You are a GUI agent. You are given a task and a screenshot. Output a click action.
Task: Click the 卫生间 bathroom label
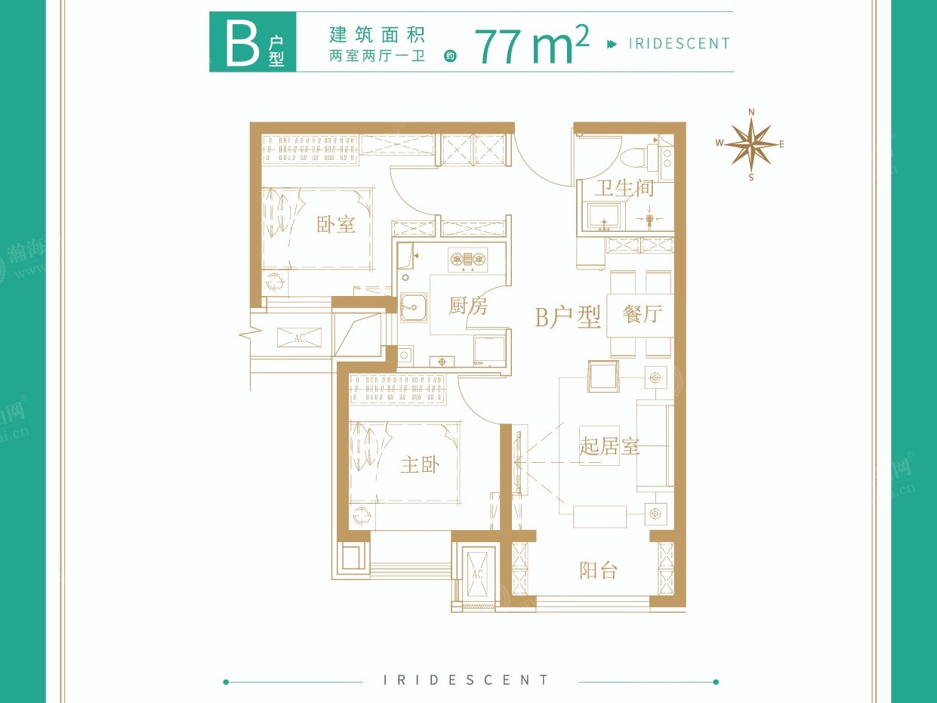coord(624,188)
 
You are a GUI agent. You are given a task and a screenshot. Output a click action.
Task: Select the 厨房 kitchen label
coord(468,306)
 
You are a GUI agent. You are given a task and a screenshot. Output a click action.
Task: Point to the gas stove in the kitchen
coord(467,259)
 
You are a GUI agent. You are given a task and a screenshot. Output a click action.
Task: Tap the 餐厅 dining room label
coord(642,313)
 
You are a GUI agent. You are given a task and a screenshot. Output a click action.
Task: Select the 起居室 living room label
coord(609,446)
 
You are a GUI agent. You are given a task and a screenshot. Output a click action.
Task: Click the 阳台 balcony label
coord(598,570)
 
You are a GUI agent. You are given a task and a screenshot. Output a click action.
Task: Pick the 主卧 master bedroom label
coord(420,464)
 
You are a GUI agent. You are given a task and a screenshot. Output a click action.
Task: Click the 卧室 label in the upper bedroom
coord(336,224)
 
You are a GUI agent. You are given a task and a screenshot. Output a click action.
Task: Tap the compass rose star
coord(751,144)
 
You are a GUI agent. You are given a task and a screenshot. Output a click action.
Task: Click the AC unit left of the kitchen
coord(299,338)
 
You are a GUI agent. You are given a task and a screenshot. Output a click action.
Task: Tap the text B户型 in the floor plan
coord(567,318)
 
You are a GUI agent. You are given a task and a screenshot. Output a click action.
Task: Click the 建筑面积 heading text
coord(377,34)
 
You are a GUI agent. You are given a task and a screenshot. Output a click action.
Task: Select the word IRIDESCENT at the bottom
coord(467,680)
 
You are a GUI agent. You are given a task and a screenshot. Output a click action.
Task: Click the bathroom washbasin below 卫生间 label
coord(604,216)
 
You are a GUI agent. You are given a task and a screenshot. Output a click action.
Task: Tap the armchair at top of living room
coord(603,375)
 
